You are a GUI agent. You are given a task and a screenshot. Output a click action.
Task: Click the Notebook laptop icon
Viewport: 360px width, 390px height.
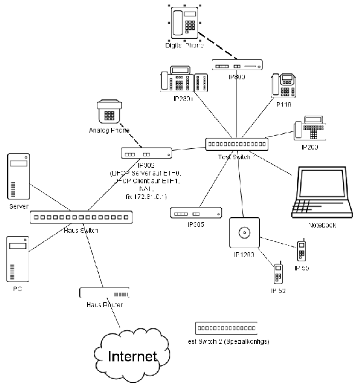click(322, 193)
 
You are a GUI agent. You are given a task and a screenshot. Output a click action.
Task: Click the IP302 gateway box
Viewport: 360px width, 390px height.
click(147, 153)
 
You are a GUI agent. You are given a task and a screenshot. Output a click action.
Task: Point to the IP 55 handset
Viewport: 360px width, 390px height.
click(302, 252)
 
